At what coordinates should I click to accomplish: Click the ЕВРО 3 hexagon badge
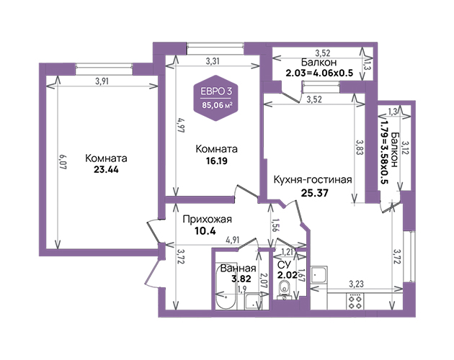(216, 98)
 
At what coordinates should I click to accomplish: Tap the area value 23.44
(106, 170)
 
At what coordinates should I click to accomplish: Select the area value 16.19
(217, 161)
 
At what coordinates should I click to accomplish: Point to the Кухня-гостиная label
(313, 180)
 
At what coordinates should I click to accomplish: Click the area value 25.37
(314, 193)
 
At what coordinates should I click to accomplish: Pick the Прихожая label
(208, 220)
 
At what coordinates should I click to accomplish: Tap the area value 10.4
(205, 230)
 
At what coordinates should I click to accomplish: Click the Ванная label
(238, 269)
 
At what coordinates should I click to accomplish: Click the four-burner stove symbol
(355, 302)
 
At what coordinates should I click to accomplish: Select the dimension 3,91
(102, 81)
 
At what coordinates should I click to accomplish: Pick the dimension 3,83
(360, 148)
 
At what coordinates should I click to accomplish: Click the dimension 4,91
(233, 240)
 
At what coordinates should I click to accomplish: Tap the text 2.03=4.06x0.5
(319, 73)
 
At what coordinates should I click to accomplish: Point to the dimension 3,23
(356, 284)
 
